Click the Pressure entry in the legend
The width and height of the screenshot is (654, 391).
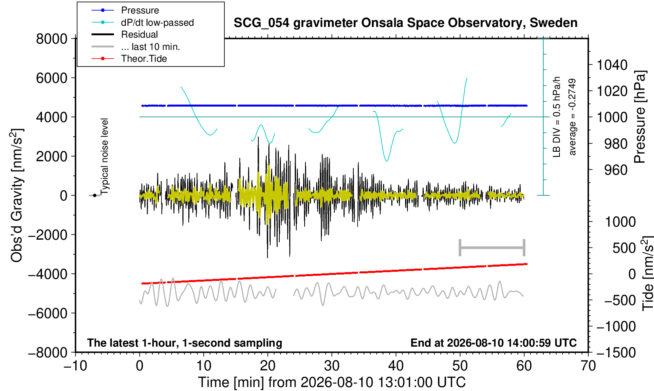(x=140, y=10)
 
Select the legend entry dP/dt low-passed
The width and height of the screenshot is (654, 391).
(x=157, y=23)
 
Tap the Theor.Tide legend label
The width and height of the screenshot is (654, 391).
(x=144, y=59)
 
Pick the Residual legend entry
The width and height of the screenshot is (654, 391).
(x=139, y=34)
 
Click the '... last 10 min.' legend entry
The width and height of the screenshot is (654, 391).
(x=150, y=46)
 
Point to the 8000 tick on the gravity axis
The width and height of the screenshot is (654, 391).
(x=52, y=39)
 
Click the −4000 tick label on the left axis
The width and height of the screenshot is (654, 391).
(x=48, y=274)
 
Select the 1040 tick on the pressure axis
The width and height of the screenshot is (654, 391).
(x=612, y=65)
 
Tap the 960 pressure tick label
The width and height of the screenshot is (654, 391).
(x=616, y=170)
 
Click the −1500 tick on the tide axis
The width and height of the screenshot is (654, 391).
(x=616, y=353)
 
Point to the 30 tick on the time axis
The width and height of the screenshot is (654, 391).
(x=332, y=366)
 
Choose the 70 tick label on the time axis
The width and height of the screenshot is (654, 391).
(x=588, y=366)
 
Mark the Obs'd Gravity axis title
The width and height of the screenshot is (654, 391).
(x=16, y=195)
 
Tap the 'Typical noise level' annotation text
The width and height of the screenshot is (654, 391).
(x=104, y=156)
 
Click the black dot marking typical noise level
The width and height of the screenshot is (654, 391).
(x=95, y=195)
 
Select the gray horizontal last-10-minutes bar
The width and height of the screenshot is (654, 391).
(x=492, y=248)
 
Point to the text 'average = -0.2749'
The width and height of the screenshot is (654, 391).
(x=572, y=117)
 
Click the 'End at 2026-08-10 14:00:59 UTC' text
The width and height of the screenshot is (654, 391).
(x=493, y=343)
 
